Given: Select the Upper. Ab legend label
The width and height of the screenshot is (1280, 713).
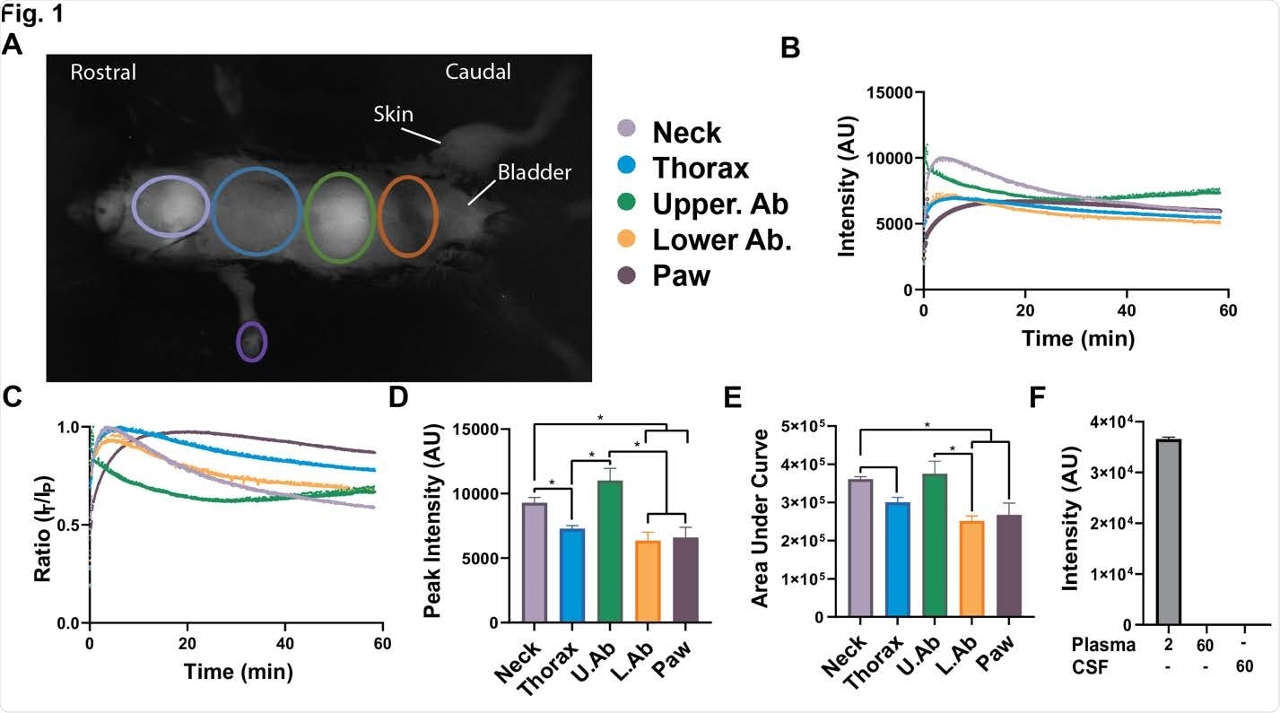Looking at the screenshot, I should [x=720, y=204].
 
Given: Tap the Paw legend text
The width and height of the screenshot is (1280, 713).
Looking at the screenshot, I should [x=682, y=275].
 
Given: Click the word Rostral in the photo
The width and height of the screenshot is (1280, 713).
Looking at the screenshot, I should [x=103, y=73].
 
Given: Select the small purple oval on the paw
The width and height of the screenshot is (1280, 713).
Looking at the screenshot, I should [x=251, y=342].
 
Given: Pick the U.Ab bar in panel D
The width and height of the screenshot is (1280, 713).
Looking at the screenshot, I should [x=610, y=552].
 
